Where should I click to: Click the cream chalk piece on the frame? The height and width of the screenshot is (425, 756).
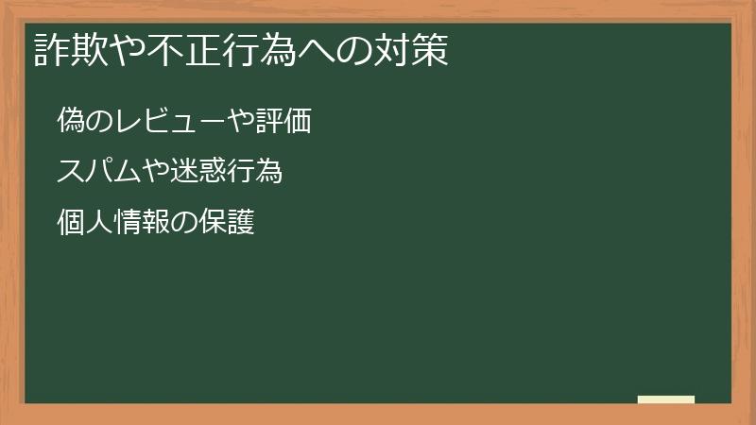pos(666,399)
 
